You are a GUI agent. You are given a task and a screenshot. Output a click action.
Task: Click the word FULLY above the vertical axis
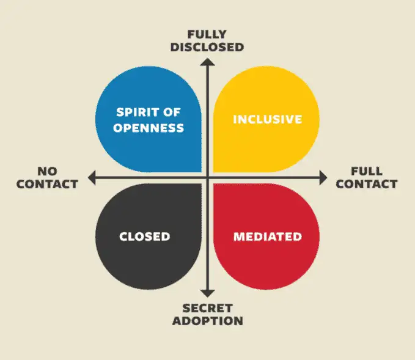pos(207,34)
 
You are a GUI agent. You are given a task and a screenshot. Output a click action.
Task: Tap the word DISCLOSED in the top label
pos(207,47)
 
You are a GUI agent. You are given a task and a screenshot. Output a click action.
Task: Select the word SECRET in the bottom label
pos(208,309)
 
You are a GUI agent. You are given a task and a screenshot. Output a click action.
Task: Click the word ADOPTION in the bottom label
pos(208,321)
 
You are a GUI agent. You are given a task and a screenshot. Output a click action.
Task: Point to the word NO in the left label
pos(48,171)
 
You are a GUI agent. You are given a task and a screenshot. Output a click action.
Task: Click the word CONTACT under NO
pos(48,184)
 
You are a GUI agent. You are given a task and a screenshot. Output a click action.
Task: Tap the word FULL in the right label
pos(367,171)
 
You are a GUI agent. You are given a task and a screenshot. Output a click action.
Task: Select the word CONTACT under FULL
pos(367,184)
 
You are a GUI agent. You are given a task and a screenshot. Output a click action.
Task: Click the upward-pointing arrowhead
pos(208,62)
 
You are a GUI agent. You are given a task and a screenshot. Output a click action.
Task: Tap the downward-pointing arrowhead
pos(208,293)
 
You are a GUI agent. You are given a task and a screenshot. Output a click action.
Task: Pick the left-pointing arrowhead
pos(92,178)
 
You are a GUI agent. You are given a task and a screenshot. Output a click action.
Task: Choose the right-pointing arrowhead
pos(323,178)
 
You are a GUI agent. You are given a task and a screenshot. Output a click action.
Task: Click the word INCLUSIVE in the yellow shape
pos(268,119)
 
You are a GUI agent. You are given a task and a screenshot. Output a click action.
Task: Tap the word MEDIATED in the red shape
pos(268,237)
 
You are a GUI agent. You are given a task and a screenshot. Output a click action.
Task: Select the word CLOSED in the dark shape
pos(145,237)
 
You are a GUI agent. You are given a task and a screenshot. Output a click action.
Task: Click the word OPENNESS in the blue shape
pos(149,128)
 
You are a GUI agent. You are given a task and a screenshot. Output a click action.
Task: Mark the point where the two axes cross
pos(208,178)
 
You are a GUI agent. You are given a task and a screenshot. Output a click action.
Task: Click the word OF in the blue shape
pos(172,112)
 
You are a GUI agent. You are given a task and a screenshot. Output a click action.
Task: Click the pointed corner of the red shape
pos(214,184)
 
